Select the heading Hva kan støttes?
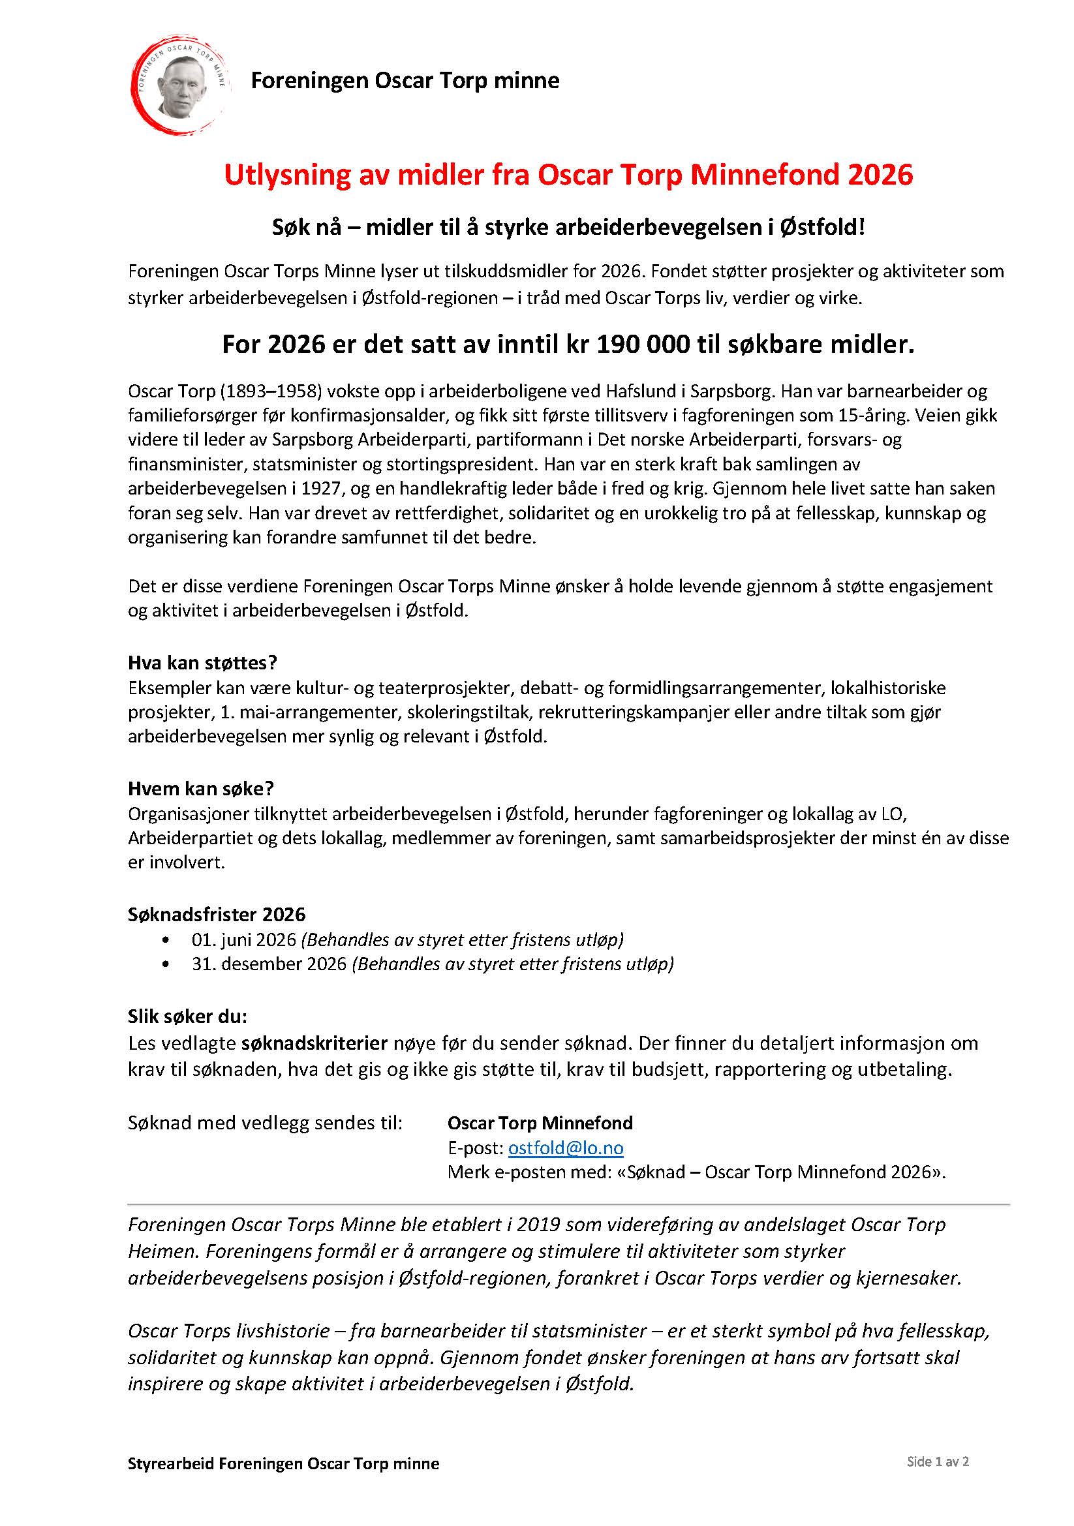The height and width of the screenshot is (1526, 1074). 202,663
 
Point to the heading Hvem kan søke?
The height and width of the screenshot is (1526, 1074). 201,788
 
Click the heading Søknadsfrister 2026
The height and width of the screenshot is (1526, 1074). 217,915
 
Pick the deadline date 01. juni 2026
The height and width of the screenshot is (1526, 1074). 243,939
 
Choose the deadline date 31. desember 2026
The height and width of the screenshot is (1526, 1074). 269,964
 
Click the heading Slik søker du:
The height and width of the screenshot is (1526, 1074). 187,1016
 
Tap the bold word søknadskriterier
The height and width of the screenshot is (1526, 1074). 314,1043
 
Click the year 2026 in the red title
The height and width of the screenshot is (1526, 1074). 881,175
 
